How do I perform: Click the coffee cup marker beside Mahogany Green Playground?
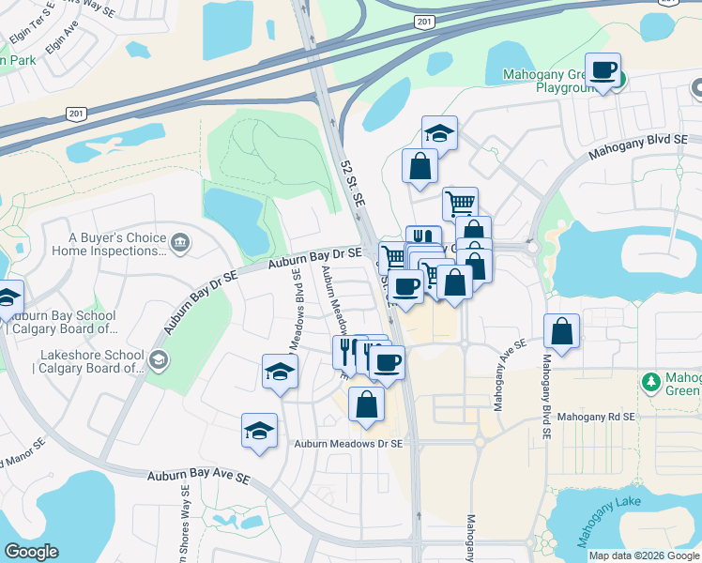pos(602,71)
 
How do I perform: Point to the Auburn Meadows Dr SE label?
pos(348,443)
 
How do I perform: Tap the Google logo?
pos(31,552)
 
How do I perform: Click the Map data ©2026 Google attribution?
pos(644,555)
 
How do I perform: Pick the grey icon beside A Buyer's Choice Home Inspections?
pos(180,244)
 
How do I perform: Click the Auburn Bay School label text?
pos(62,322)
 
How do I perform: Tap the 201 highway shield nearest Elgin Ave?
pos(74,114)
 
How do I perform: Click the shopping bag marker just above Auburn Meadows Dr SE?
pos(366,404)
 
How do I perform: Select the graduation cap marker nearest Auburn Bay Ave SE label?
pos(259,431)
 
